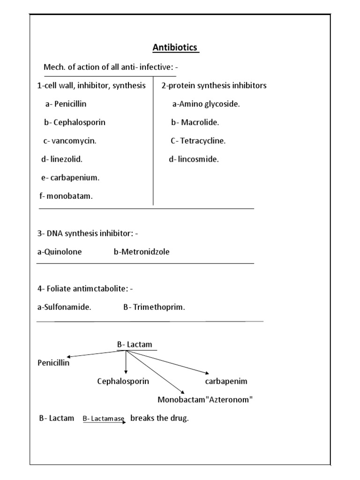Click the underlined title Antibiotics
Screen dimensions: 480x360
(x=176, y=48)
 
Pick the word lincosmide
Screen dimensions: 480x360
(x=198, y=159)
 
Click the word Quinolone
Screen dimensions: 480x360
(x=62, y=252)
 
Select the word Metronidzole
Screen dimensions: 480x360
(x=145, y=252)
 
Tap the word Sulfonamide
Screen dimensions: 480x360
(x=67, y=307)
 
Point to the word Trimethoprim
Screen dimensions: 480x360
(x=159, y=307)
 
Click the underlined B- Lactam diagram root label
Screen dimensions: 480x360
(x=135, y=345)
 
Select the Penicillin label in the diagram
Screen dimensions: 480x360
(x=53, y=363)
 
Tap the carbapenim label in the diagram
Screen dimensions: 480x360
(x=226, y=381)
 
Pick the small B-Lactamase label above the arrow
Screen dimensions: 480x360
(x=104, y=418)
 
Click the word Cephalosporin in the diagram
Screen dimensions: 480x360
(x=123, y=381)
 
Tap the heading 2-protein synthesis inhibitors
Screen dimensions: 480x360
(x=214, y=85)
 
